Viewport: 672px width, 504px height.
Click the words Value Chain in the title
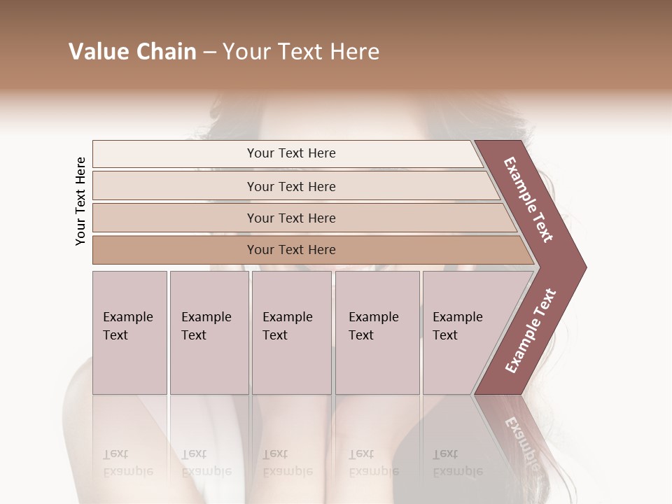click(132, 52)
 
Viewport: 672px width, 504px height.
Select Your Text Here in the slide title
click(301, 52)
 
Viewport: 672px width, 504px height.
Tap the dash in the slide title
click(209, 52)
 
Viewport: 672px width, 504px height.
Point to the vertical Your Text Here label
click(80, 201)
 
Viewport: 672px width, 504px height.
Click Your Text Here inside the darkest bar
click(291, 250)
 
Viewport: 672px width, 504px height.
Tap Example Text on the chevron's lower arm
click(531, 331)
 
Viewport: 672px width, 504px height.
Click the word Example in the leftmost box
click(127, 317)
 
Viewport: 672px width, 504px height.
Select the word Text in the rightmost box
click(444, 335)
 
